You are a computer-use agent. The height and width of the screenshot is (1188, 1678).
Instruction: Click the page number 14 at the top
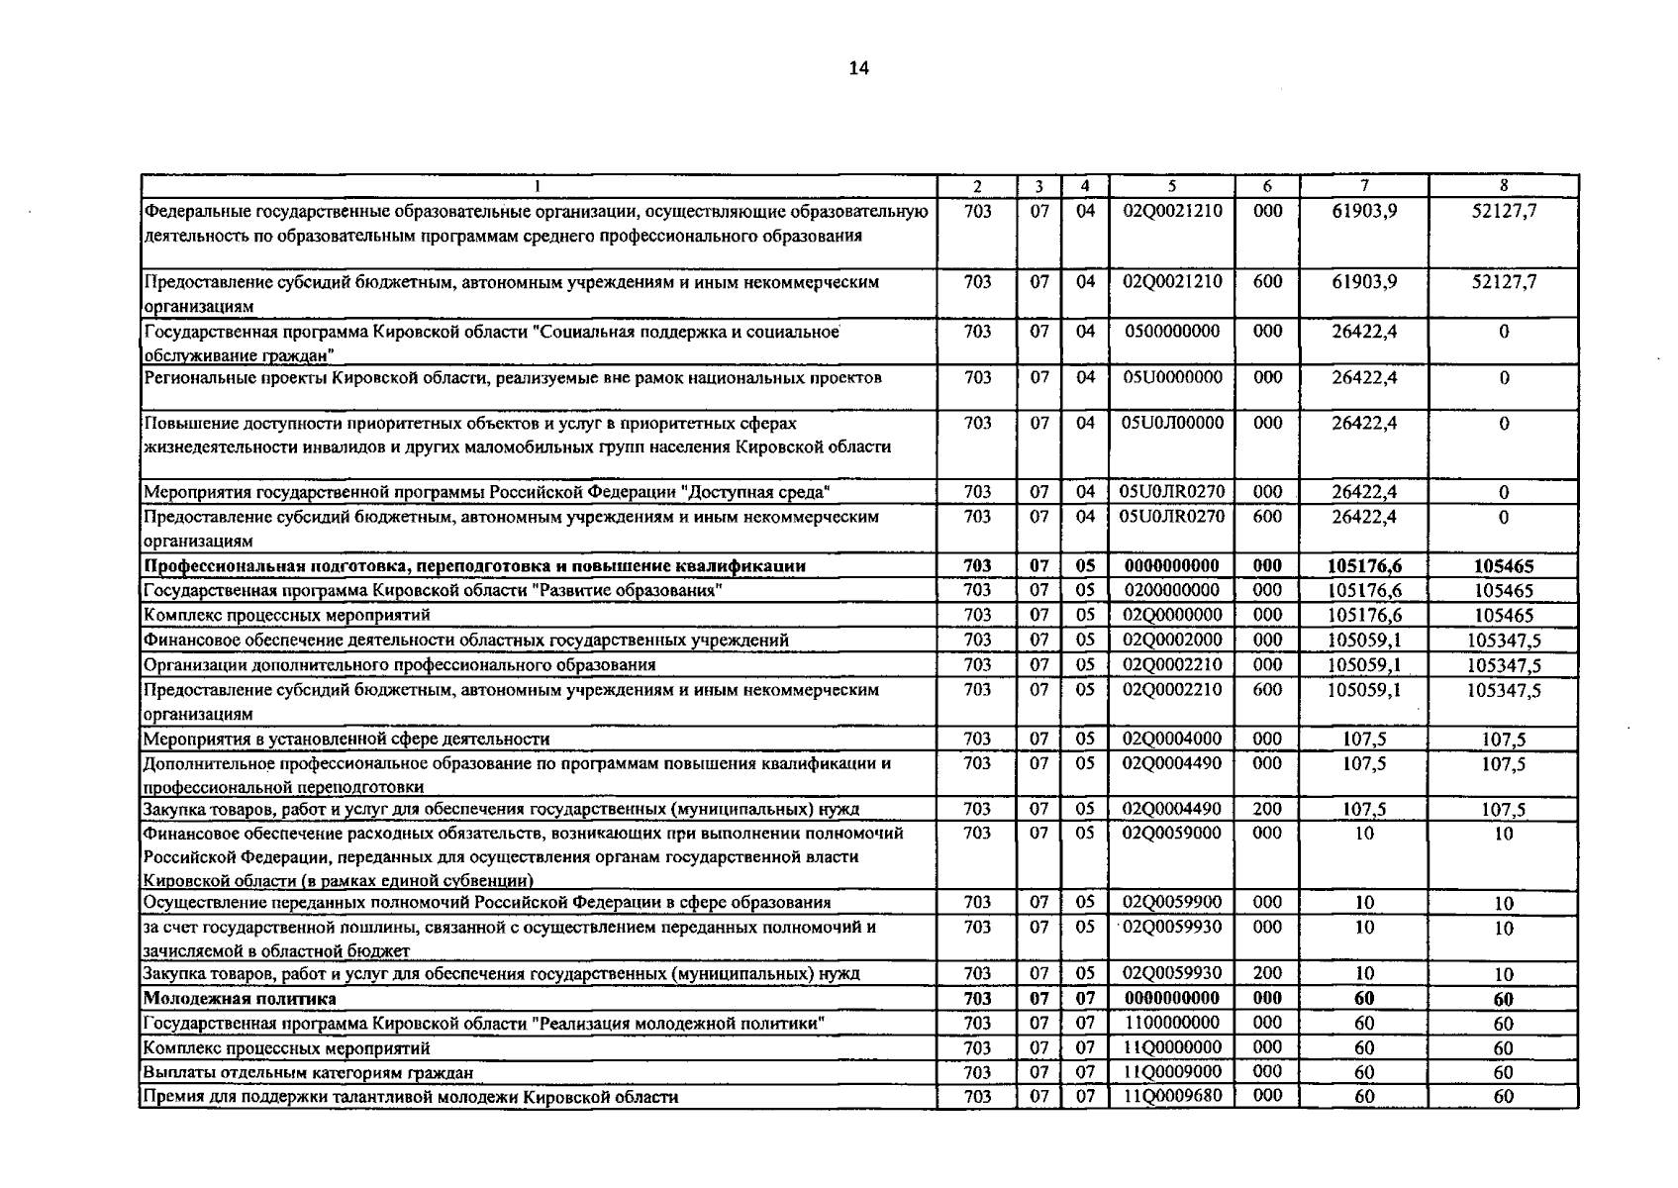tap(858, 68)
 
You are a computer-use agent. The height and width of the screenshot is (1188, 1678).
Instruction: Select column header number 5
tap(1171, 186)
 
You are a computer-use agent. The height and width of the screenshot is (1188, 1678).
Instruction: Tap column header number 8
tap(1503, 186)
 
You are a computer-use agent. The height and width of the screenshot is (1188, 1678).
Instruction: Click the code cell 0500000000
tap(1172, 332)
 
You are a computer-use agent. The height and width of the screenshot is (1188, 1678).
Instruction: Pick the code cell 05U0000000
tap(1172, 377)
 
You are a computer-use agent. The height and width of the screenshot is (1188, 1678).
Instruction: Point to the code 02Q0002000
tap(1172, 640)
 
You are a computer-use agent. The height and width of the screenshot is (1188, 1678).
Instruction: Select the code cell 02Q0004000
tap(1172, 739)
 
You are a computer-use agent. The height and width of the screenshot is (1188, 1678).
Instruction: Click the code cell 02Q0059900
tap(1172, 902)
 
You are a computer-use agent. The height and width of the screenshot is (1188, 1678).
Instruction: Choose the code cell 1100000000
tap(1172, 1023)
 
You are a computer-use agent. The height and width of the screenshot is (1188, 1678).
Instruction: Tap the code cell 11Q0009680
tap(1172, 1096)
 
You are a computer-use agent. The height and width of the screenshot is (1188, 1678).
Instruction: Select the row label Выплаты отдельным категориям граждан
tap(308, 1072)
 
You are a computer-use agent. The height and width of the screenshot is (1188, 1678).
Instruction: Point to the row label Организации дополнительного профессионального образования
tap(399, 664)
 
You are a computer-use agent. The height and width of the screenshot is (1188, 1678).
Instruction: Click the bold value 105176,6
tap(1364, 566)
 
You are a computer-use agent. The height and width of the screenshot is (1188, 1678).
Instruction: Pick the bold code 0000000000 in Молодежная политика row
tap(1172, 998)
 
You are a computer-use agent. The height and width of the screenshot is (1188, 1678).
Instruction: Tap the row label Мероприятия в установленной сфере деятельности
tap(346, 739)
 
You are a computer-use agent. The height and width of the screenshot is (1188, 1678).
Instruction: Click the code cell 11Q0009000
tap(1172, 1072)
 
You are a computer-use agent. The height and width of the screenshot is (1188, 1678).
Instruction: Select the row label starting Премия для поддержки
tap(411, 1097)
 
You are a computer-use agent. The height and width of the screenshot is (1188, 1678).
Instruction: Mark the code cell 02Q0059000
tap(1172, 834)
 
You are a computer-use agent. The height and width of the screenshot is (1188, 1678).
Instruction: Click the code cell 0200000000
tap(1172, 591)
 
